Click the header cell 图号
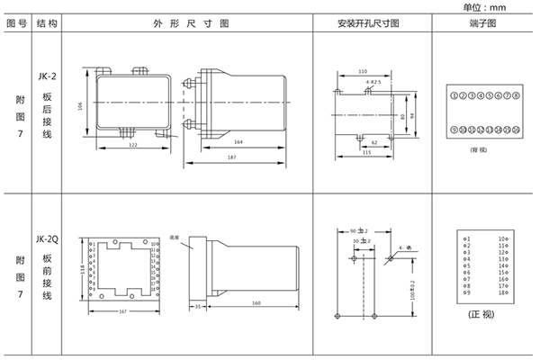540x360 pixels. [x=17, y=24]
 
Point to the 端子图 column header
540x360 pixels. [x=483, y=24]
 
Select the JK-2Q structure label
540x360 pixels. [x=49, y=241]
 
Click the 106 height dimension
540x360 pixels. [x=81, y=106]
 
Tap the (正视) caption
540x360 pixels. [x=482, y=319]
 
